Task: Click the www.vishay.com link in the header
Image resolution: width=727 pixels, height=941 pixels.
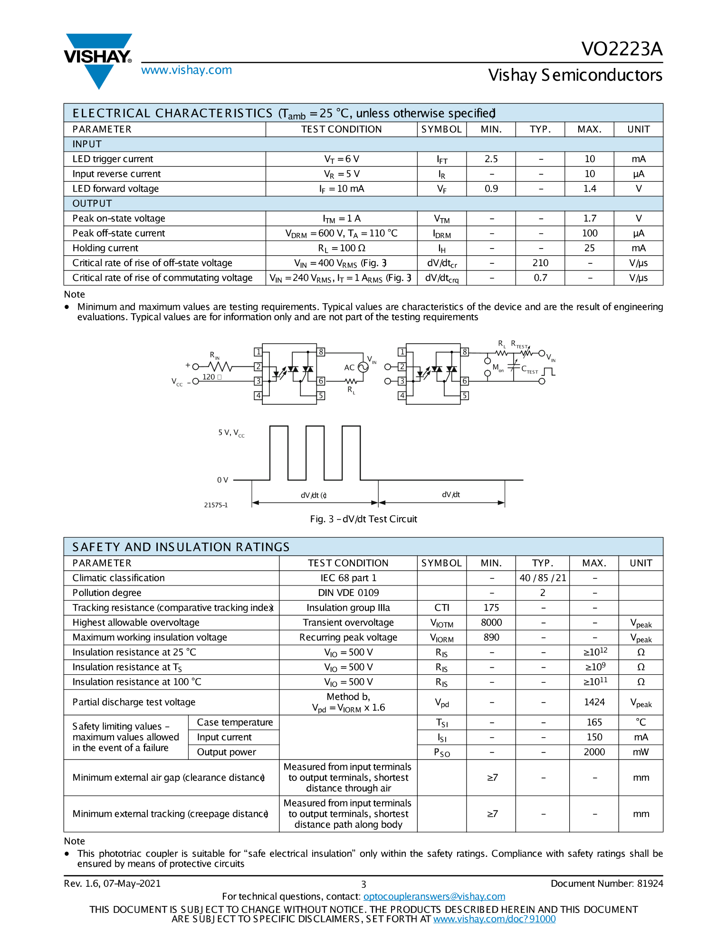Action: (x=186, y=70)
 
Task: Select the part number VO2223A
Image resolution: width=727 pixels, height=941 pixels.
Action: (x=622, y=49)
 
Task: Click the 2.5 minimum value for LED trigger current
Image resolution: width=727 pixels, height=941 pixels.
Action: (x=491, y=159)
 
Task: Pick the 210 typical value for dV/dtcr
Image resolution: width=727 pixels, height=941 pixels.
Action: (x=540, y=263)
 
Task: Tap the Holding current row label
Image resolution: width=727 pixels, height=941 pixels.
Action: (x=105, y=248)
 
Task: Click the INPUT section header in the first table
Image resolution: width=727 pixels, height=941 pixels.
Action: (x=87, y=144)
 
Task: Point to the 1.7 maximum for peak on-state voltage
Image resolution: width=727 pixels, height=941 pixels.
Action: (x=589, y=218)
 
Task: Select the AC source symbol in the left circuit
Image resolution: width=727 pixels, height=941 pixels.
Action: (x=363, y=367)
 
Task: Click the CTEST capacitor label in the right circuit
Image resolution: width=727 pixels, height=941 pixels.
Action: (x=529, y=370)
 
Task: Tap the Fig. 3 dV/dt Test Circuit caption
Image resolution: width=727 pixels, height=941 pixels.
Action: (x=363, y=519)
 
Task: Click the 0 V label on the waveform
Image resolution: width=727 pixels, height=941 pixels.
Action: (x=222, y=480)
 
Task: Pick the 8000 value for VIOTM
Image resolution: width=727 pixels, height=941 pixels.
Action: (x=491, y=623)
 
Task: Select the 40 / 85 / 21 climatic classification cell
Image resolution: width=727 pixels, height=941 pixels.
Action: (x=543, y=578)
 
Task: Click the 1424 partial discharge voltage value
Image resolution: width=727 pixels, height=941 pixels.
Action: (x=594, y=702)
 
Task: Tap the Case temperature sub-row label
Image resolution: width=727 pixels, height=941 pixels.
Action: (x=235, y=722)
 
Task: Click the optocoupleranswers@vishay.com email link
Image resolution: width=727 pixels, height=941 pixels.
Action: (x=434, y=896)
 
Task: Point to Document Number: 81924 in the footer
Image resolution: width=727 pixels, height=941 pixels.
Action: (x=606, y=883)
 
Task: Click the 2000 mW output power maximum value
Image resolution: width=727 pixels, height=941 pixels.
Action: (x=594, y=752)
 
